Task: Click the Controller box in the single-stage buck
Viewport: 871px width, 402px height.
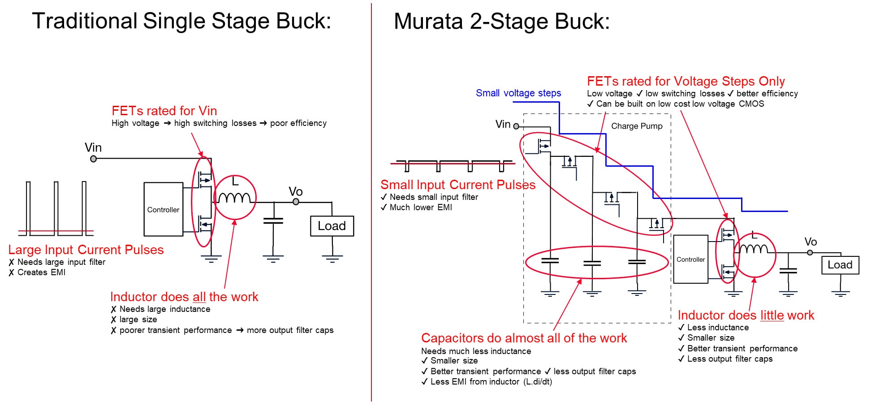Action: pos(163,209)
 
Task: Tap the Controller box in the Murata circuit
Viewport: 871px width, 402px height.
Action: pos(690,259)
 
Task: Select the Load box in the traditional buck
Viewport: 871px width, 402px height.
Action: pos(332,226)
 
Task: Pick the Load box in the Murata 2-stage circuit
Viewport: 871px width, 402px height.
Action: pos(840,265)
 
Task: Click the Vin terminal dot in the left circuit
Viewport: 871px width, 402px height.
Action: pos(93,159)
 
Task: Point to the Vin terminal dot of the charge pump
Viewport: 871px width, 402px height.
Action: pos(516,126)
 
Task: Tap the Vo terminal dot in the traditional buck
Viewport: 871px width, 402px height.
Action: pos(296,202)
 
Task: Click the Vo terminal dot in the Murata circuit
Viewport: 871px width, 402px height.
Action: pos(810,253)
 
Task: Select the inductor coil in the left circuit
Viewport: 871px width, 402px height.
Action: pos(234,198)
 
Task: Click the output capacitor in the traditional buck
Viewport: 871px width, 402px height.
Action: pos(273,220)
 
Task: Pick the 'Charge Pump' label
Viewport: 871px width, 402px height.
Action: pos(637,126)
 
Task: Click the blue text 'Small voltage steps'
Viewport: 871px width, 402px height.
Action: pos(518,93)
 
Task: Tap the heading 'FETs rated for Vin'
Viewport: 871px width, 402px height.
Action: pos(164,111)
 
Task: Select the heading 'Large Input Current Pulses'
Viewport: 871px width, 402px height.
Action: pos(86,250)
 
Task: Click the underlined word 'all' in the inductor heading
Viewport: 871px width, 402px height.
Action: pos(199,297)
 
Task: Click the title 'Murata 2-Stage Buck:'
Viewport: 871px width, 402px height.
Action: pos(502,21)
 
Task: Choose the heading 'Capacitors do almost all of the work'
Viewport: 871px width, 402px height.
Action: pos(524,338)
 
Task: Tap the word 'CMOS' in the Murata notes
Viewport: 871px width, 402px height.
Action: pos(751,104)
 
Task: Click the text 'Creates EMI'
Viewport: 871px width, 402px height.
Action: pos(41,272)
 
